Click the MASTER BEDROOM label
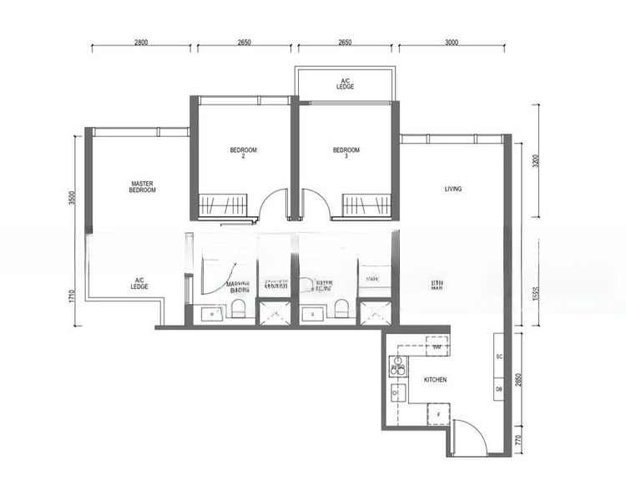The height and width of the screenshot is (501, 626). tap(143, 187)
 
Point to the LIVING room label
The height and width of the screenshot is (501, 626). tap(453, 189)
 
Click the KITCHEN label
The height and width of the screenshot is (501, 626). tap(435, 380)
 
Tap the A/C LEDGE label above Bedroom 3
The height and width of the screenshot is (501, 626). tap(345, 83)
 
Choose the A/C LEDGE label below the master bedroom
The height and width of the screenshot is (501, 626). tap(139, 283)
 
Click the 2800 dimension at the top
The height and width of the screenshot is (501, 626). tap(140, 41)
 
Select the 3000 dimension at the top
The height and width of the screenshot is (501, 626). tap(452, 41)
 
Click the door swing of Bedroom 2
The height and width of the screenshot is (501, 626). tap(272, 205)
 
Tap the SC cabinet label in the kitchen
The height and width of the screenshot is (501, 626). tap(498, 357)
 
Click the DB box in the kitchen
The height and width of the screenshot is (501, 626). tap(498, 389)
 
